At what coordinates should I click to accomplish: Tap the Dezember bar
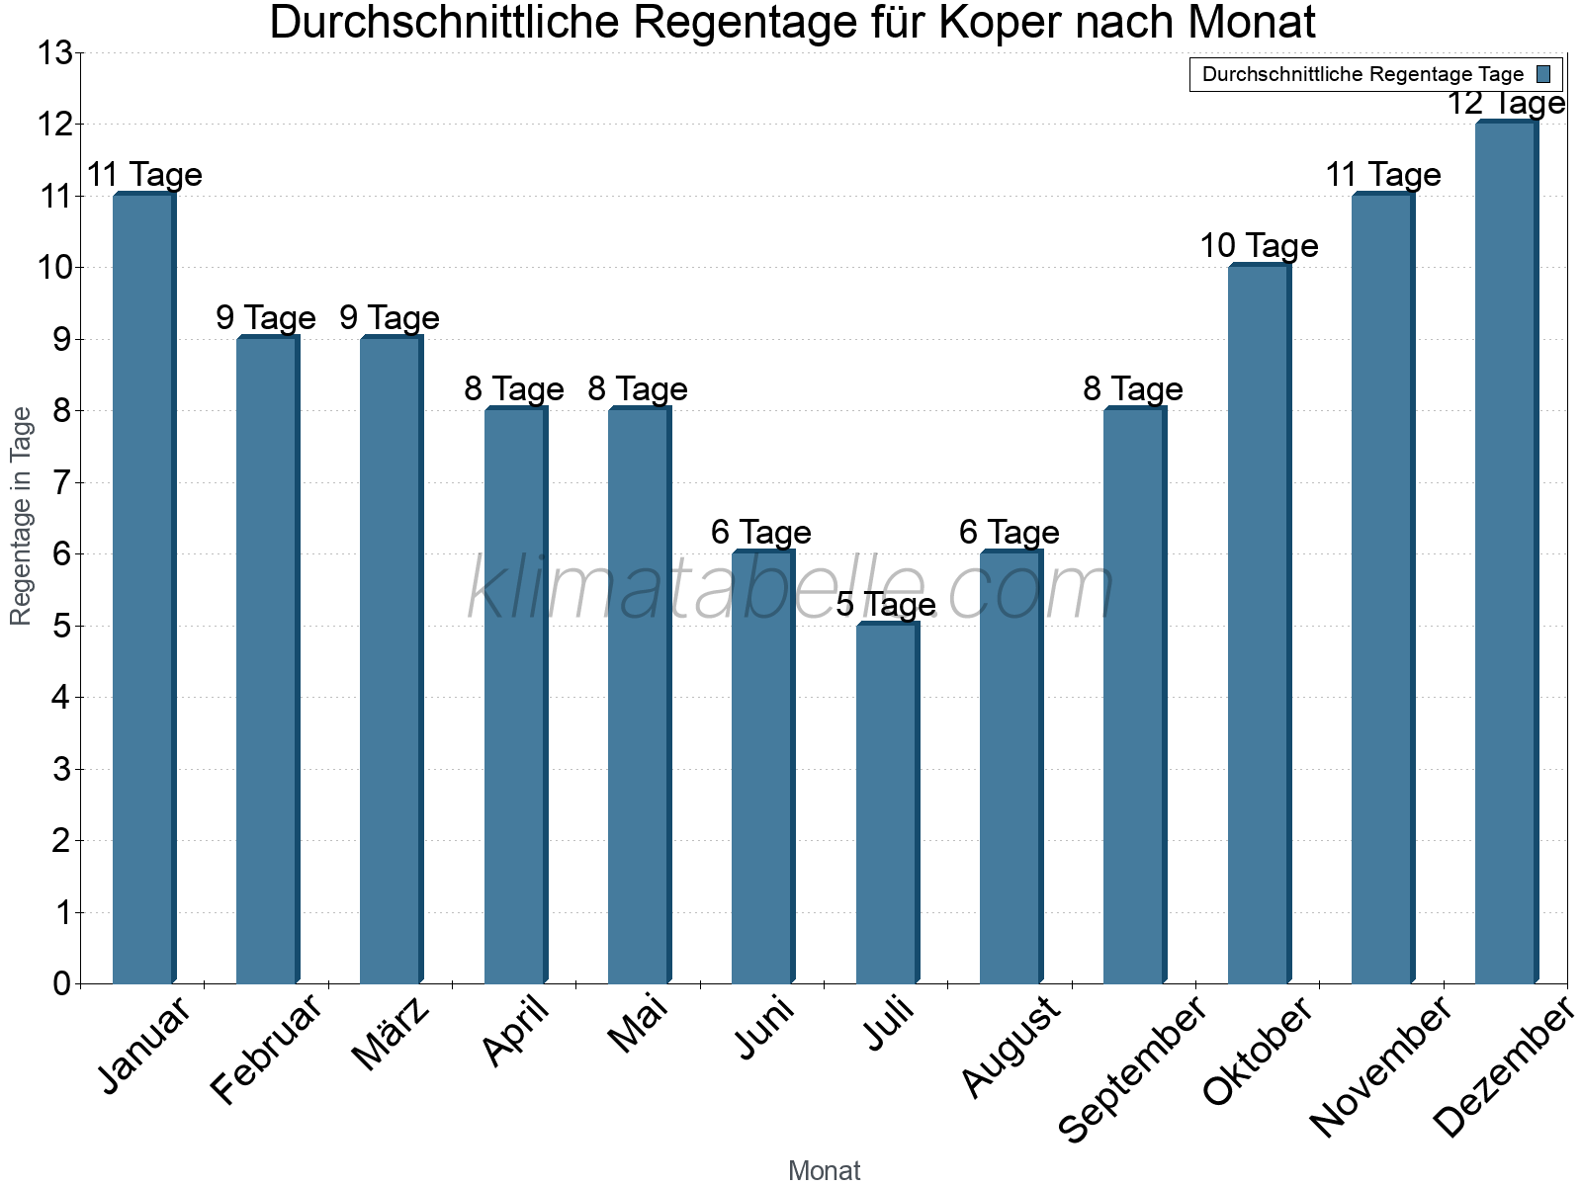click(1506, 552)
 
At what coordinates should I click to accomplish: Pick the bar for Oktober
click(1259, 624)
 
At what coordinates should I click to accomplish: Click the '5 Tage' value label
click(886, 604)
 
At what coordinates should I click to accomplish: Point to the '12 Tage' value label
click(1506, 103)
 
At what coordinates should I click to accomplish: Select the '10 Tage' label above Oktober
click(1259, 246)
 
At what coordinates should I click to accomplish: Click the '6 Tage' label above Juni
click(761, 533)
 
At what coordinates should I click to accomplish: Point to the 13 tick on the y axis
click(55, 53)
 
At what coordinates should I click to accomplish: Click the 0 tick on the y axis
click(62, 984)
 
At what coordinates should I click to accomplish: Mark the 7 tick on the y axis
click(62, 483)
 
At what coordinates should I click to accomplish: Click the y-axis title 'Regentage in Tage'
click(22, 516)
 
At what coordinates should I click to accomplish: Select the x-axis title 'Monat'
click(824, 1171)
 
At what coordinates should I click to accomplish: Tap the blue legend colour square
click(1544, 74)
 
